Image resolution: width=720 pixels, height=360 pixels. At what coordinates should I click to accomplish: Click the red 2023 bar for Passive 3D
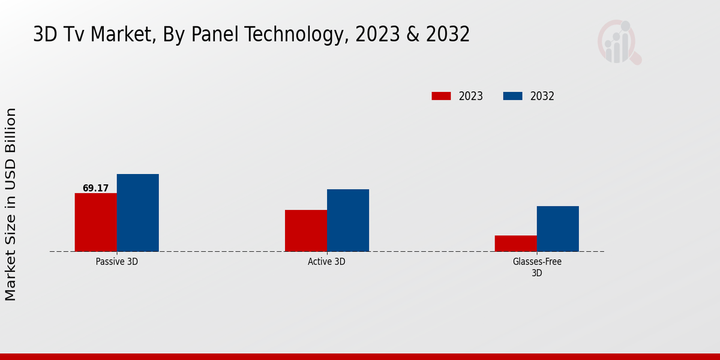[x=96, y=222]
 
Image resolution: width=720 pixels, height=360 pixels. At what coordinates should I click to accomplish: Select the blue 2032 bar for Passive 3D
[x=138, y=213]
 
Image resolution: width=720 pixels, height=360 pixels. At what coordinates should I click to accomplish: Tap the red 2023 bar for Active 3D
[x=306, y=230]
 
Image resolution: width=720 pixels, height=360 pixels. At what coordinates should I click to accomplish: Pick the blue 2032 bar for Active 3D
[x=348, y=220]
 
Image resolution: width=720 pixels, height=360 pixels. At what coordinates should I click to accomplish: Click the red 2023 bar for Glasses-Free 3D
[x=516, y=244]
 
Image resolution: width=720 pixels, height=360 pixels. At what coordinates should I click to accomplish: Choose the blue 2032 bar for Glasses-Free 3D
[x=558, y=229]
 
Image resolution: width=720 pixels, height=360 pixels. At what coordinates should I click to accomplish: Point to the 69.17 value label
[x=96, y=188]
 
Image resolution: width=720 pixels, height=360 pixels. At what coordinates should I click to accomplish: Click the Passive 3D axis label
[x=117, y=262]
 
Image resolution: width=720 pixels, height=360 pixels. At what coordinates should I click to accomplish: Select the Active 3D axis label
[x=326, y=262]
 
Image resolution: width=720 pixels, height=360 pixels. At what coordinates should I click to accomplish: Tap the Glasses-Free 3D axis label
[x=537, y=267]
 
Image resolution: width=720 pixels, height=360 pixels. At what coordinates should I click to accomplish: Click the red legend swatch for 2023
[x=441, y=96]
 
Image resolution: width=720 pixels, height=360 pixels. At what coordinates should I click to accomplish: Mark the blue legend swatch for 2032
[x=512, y=96]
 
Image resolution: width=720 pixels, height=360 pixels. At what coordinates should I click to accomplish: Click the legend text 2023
[x=471, y=96]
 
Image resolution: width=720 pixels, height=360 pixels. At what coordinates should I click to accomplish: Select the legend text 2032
[x=542, y=96]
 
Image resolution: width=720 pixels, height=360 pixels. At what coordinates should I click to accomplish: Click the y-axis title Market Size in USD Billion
[x=11, y=204]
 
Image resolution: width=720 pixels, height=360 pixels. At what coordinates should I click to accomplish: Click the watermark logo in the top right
[x=619, y=42]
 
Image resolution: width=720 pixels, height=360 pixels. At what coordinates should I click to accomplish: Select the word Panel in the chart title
[x=210, y=35]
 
